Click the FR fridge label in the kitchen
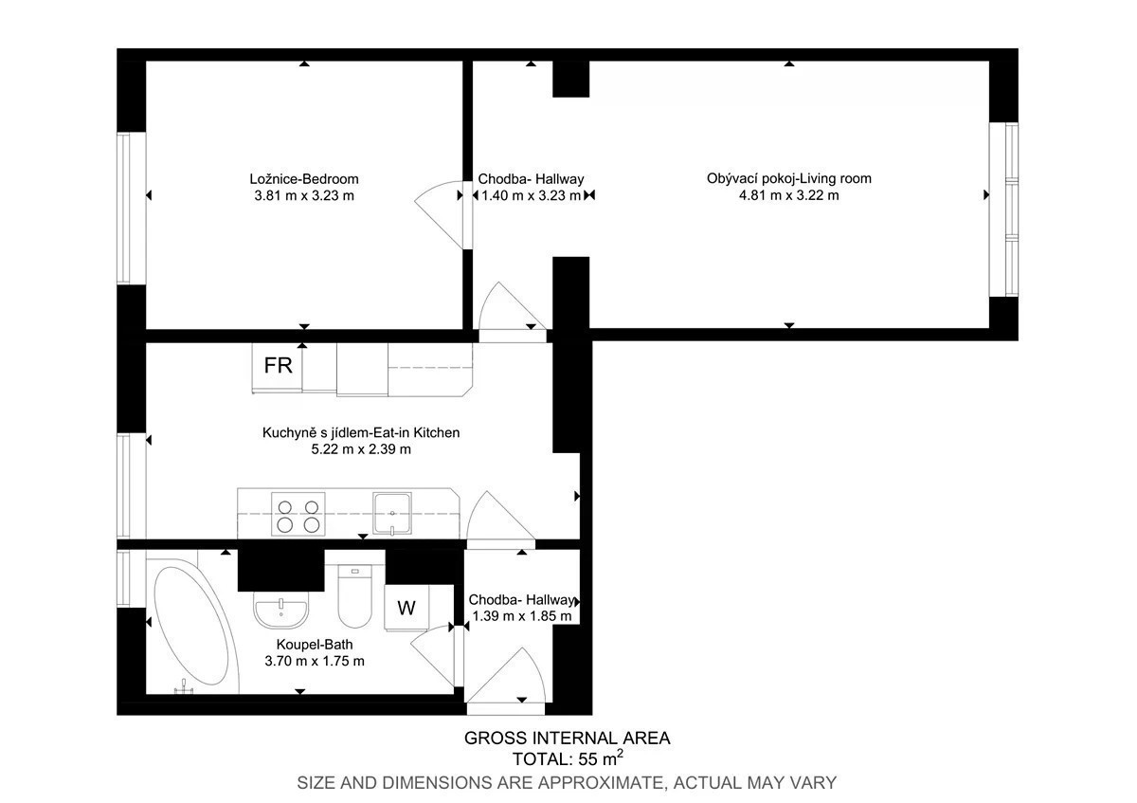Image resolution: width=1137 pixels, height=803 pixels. pyautogui.click(x=279, y=366)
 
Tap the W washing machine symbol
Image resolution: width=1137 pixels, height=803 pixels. pyautogui.click(x=406, y=608)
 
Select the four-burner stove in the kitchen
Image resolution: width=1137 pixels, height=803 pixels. pyautogui.click(x=298, y=514)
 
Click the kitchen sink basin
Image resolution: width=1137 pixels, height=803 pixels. pyautogui.click(x=392, y=513)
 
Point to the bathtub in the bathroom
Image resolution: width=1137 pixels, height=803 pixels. pyautogui.click(x=190, y=626)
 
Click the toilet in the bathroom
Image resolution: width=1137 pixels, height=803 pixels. pyautogui.click(x=354, y=596)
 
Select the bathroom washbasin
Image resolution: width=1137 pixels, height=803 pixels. pyautogui.click(x=280, y=613)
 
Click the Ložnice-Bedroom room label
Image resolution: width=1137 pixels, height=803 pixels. pyautogui.click(x=304, y=179)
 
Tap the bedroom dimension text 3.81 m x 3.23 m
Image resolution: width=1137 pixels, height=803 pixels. pyautogui.click(x=304, y=195)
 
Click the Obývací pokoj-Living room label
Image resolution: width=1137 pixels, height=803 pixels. pyautogui.click(x=788, y=179)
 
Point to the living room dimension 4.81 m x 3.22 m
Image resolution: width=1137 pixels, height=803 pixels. pyautogui.click(x=788, y=195)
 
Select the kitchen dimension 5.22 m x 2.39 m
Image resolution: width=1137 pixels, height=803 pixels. pyautogui.click(x=361, y=449)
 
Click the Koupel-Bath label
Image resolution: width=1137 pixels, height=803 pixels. pyautogui.click(x=315, y=645)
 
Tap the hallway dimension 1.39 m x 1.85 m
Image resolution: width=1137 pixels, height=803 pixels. pyautogui.click(x=522, y=616)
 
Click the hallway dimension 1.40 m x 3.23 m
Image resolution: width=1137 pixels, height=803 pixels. pyautogui.click(x=531, y=195)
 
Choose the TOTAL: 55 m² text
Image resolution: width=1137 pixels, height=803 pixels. pyautogui.click(x=568, y=758)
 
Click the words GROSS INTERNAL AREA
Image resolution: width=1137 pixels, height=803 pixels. pyautogui.click(x=567, y=738)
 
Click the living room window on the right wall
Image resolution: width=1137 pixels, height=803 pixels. pyautogui.click(x=1003, y=210)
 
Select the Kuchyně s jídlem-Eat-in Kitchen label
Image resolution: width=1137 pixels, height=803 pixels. pyautogui.click(x=361, y=432)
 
